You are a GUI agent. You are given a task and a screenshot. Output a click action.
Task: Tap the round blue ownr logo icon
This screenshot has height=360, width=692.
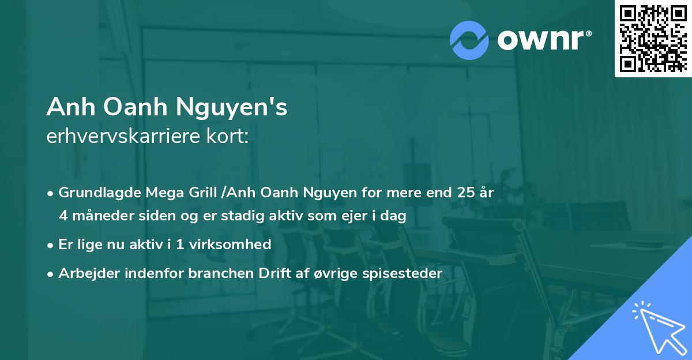tap(470, 40)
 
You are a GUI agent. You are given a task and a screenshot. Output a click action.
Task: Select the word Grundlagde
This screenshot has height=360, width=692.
tap(94, 193)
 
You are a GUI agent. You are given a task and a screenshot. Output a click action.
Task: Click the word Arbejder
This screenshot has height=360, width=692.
tap(86, 273)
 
